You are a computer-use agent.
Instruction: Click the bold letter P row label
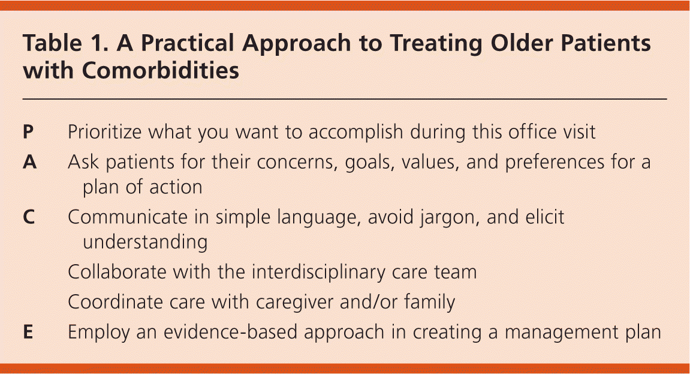click(28, 131)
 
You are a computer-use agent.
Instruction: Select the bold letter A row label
click(29, 162)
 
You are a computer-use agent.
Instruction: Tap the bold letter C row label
click(29, 217)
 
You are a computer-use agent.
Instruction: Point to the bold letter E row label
click(28, 332)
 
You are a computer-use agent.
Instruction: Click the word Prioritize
click(105, 131)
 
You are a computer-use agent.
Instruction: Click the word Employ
click(99, 333)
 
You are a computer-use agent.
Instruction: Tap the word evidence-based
click(230, 332)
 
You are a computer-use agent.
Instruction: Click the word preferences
click(555, 162)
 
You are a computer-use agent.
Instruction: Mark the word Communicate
click(128, 217)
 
